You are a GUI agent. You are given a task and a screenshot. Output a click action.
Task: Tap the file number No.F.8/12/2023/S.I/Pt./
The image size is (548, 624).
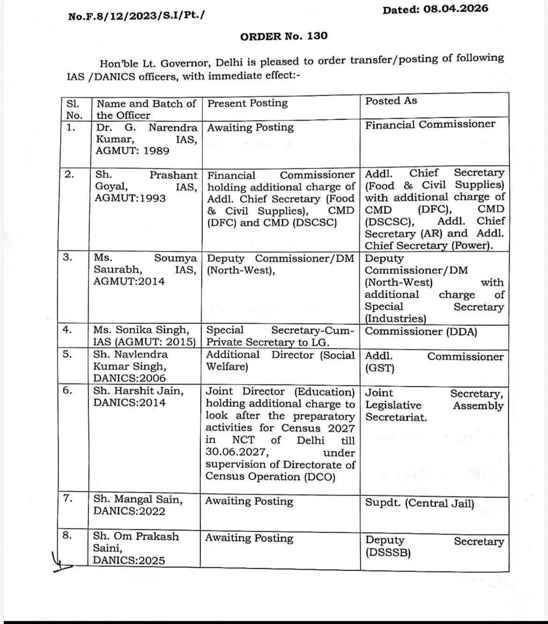(136, 16)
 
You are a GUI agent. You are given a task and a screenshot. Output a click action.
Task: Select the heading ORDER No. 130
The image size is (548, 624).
(284, 36)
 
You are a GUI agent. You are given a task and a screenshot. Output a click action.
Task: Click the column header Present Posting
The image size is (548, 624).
(247, 103)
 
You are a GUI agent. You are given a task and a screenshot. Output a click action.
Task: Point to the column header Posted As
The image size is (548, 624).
(391, 101)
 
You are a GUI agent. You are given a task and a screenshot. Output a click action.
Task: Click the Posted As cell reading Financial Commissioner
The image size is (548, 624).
(430, 124)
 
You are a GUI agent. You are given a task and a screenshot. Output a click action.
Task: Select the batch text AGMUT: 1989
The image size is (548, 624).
(133, 150)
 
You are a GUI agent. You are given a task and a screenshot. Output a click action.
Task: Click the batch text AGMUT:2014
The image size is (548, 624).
(129, 281)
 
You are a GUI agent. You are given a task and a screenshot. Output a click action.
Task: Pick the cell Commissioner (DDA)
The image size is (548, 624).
(421, 331)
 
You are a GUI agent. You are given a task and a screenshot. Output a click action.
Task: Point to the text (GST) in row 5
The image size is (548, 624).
(379, 368)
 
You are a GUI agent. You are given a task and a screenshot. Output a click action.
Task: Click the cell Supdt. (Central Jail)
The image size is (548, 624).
(419, 504)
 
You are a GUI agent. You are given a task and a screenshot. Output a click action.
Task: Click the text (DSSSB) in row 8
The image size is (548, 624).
(388, 553)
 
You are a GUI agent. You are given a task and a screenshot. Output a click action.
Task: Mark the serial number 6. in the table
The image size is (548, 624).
(67, 390)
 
